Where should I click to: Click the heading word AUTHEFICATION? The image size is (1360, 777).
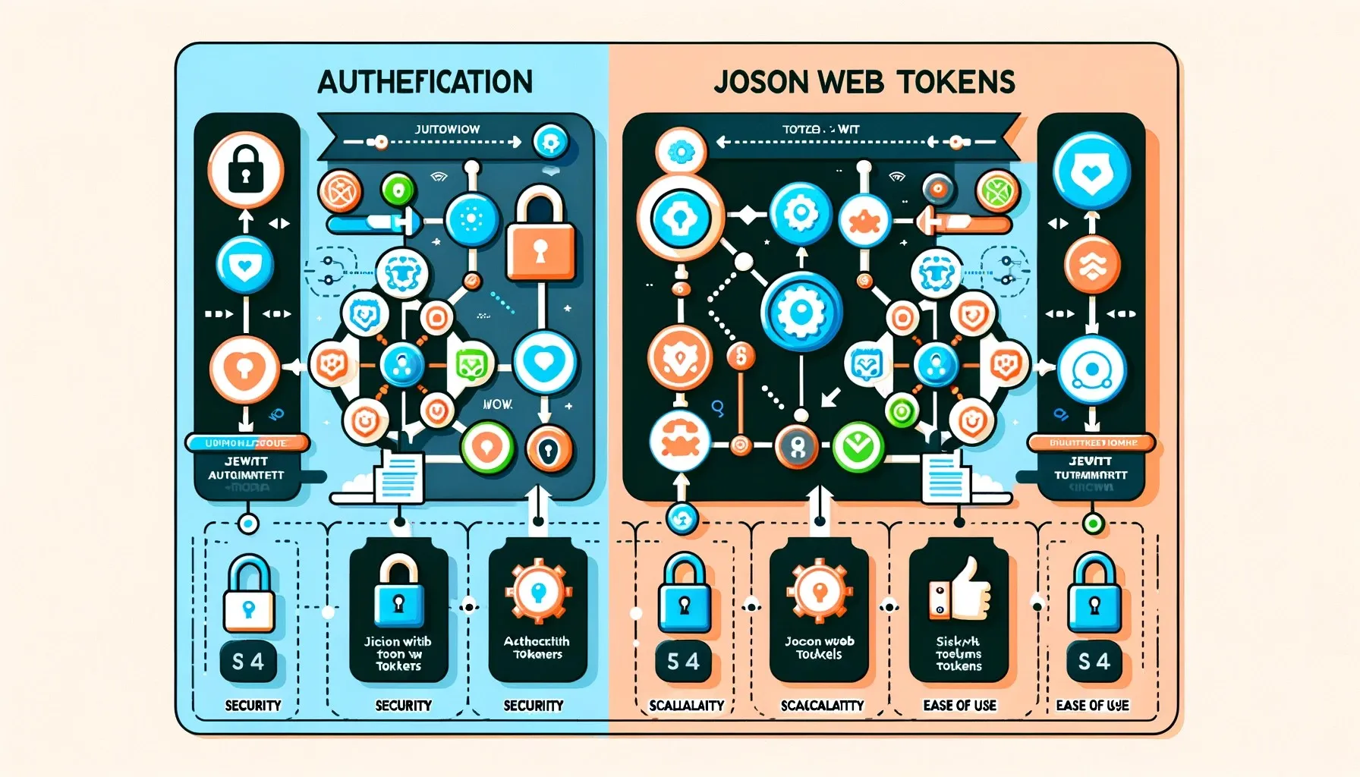click(425, 82)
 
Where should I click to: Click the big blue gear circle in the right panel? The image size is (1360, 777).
click(801, 312)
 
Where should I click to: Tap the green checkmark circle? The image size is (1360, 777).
click(858, 447)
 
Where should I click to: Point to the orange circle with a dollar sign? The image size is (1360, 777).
click(741, 354)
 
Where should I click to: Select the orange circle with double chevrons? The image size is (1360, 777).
click(1091, 265)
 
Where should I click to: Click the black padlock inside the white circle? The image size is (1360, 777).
click(245, 169)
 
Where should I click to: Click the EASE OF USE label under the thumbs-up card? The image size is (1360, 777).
click(959, 706)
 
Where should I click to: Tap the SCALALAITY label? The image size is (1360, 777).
click(686, 706)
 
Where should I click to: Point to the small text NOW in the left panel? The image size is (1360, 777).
click(497, 404)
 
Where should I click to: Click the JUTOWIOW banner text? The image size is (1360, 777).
click(447, 129)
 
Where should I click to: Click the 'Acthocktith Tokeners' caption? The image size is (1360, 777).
click(537, 647)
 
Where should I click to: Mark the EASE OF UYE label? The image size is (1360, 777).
click(1092, 706)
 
